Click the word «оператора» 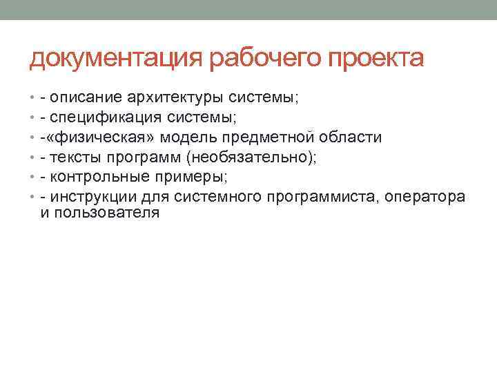pyautogui.click(x=426, y=197)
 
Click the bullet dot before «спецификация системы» pyautogui.click(x=32, y=117)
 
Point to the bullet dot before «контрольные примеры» pyautogui.click(x=32, y=177)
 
